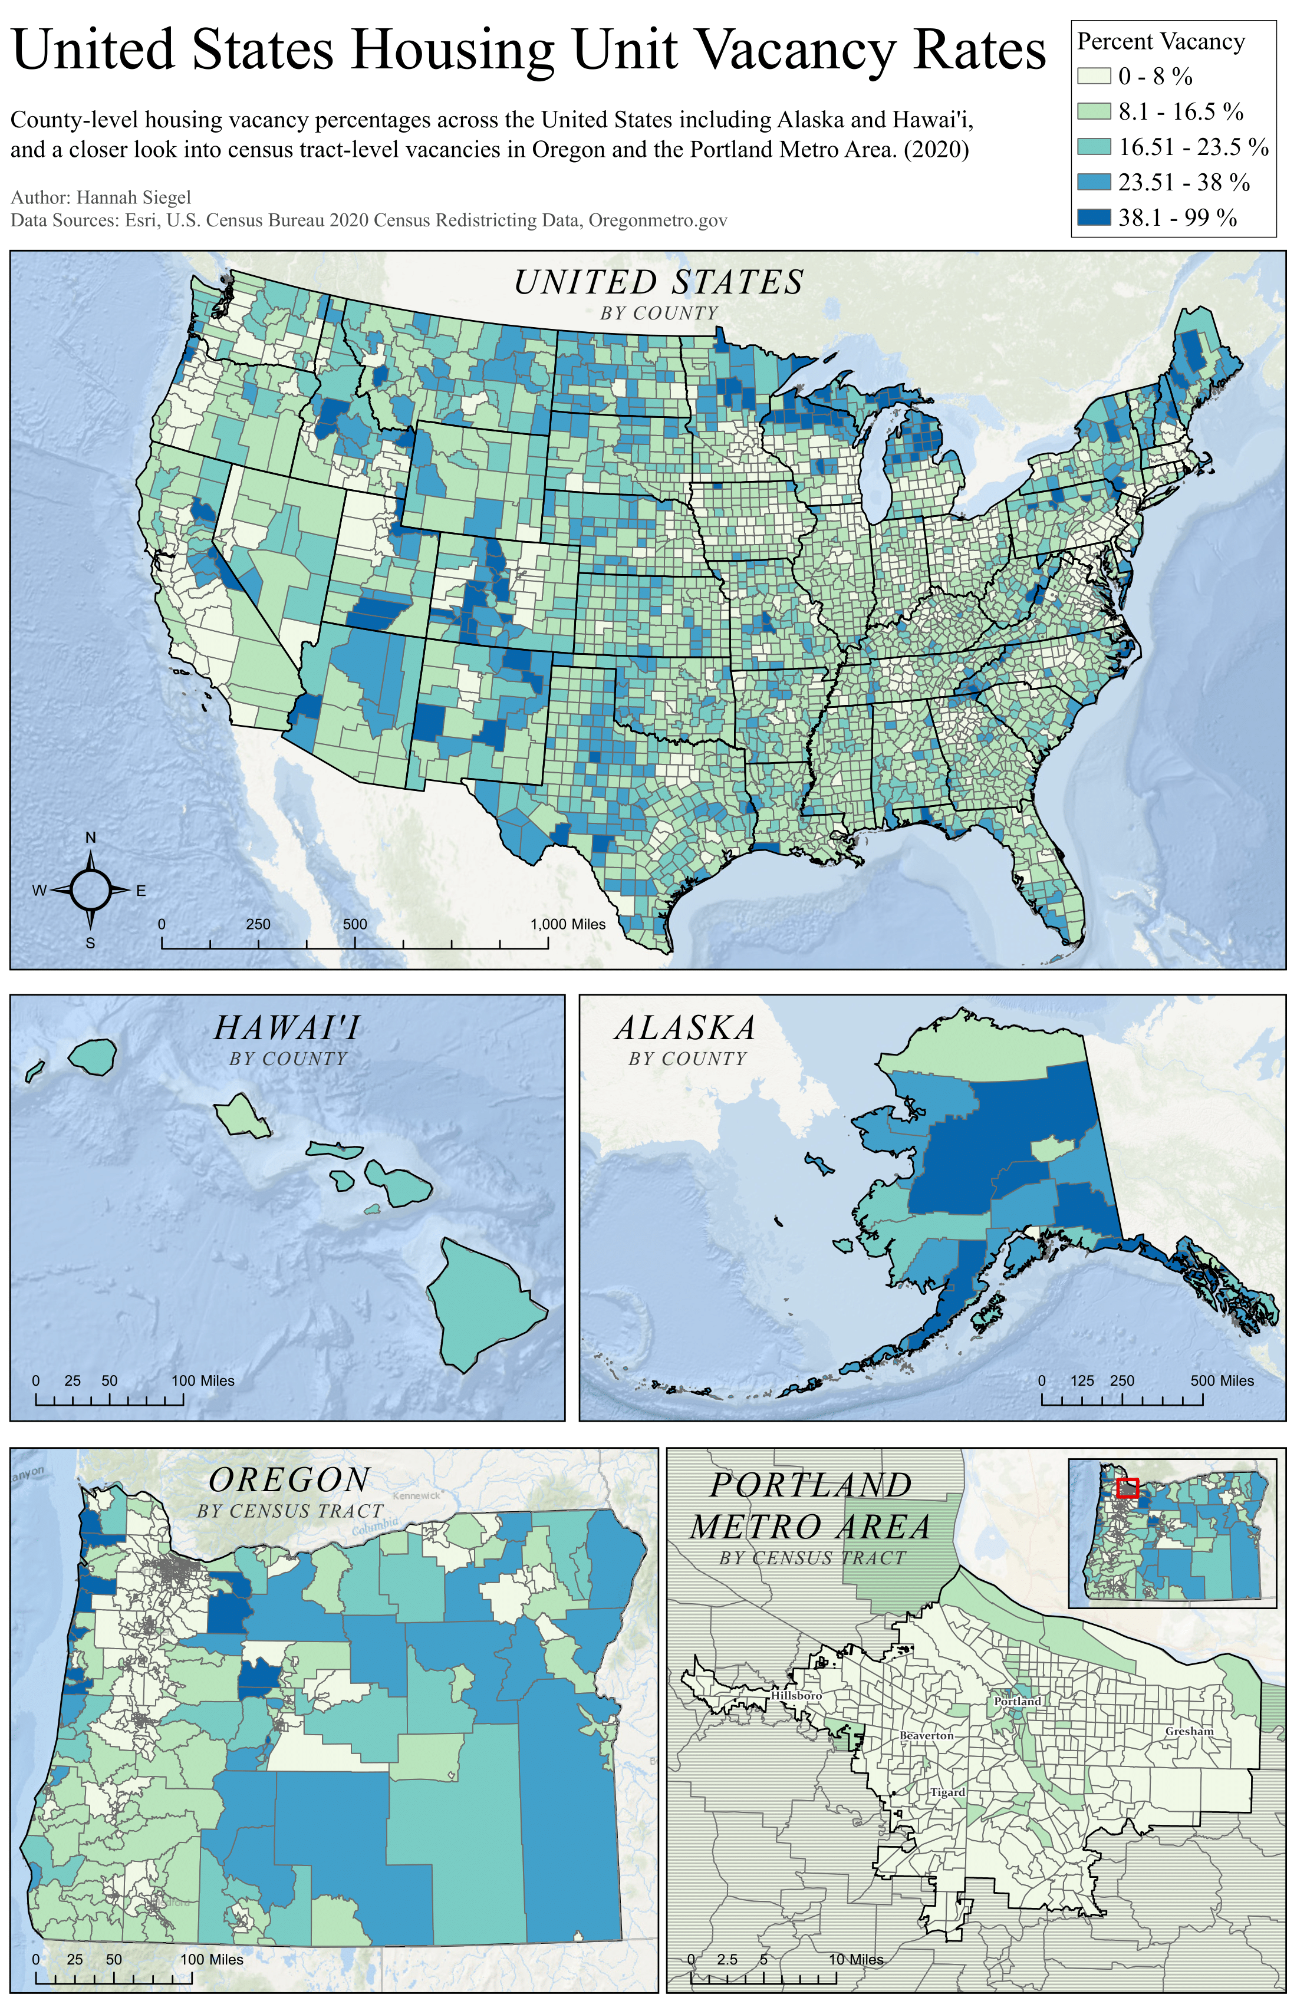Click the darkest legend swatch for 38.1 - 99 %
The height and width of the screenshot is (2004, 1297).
(x=1093, y=217)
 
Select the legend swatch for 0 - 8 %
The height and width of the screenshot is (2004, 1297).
(x=1093, y=77)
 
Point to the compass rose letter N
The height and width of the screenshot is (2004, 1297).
(x=91, y=838)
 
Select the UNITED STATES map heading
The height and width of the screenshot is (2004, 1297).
(x=659, y=282)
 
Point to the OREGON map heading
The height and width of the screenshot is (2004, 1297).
(x=289, y=1480)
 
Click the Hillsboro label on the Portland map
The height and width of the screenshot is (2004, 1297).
(x=796, y=1696)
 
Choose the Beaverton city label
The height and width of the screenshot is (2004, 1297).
(x=926, y=1735)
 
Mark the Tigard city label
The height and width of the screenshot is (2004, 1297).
(x=947, y=1792)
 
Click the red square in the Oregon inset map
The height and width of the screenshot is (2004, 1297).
(x=1127, y=1488)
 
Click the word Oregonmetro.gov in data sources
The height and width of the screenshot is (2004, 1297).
(x=657, y=220)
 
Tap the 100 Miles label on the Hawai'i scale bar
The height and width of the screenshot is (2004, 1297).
(x=202, y=1381)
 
